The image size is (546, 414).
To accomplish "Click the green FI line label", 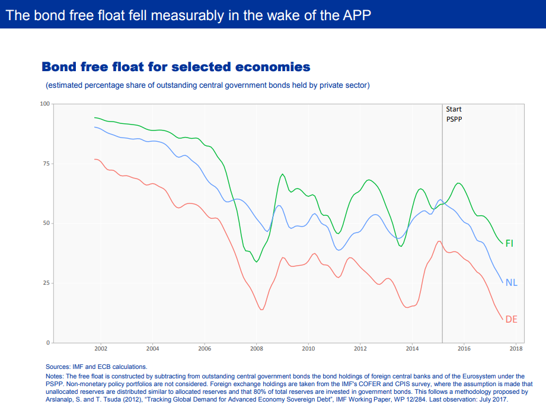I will [509, 243].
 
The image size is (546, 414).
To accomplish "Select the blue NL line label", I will [511, 282].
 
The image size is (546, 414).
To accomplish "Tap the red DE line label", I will [511, 319].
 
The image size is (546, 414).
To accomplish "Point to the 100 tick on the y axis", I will [44, 104].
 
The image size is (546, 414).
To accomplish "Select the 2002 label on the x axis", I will [101, 349].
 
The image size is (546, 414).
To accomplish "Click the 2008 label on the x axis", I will [256, 349].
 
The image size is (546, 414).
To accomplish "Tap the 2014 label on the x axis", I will [412, 349].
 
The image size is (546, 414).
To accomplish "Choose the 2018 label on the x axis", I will [516, 349].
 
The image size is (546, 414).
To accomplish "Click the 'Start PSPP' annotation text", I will [454, 114].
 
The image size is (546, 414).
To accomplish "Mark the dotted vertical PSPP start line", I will [442, 237].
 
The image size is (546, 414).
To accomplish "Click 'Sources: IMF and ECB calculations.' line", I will [96, 367].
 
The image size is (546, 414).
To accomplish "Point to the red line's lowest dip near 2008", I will [261, 310].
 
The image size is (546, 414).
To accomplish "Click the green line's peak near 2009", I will [283, 174].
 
